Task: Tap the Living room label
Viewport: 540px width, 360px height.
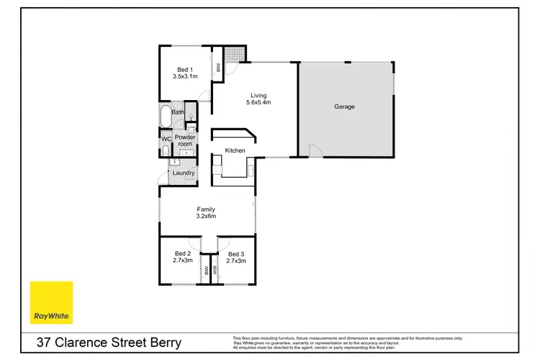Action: (258, 95)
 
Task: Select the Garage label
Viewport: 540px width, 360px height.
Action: (344, 107)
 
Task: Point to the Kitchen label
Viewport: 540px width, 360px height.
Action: (235, 150)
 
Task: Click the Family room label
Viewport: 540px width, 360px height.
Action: (206, 210)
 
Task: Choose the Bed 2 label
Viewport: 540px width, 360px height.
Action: (183, 253)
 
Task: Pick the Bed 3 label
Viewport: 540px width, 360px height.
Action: (236, 253)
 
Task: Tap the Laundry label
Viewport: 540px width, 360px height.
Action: (184, 173)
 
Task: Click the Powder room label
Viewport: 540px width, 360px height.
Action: (185, 141)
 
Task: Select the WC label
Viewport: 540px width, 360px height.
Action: (165, 138)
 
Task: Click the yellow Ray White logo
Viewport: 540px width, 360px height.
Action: (52, 302)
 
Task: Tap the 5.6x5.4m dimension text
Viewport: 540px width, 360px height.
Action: (258, 103)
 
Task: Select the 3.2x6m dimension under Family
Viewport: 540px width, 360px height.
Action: (206, 217)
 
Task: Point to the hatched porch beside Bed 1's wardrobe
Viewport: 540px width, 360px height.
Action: (234, 55)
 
